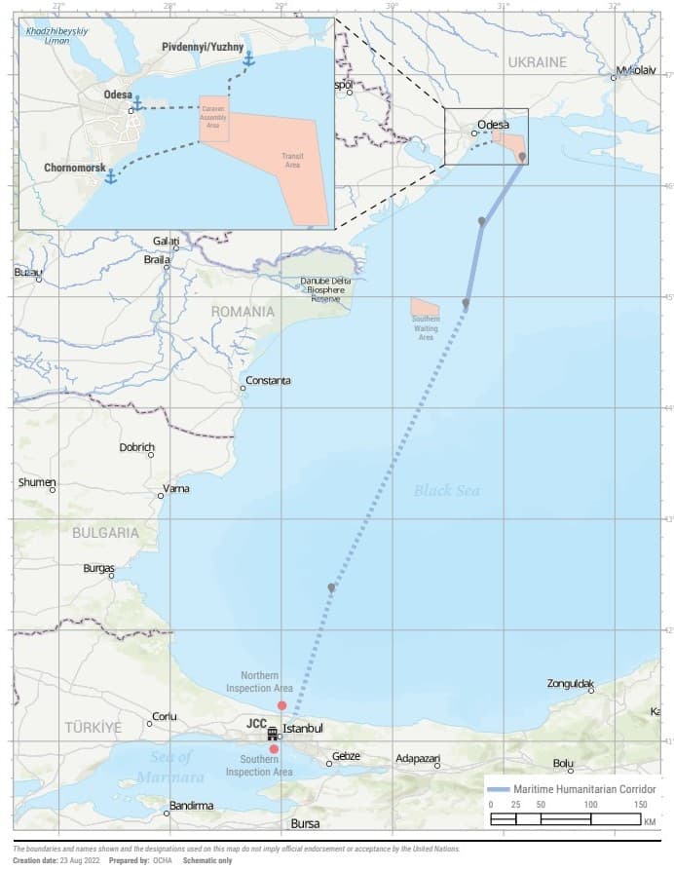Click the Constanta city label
[268, 380]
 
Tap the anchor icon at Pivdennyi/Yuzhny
[248, 60]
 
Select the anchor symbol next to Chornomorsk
[111, 176]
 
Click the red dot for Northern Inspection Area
[281, 704]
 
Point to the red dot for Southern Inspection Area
[274, 749]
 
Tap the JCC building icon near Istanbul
[273, 733]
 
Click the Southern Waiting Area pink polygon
[425, 309]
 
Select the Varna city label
[176, 488]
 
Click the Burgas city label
[98, 568]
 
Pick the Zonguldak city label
[571, 684]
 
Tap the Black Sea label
[446, 490]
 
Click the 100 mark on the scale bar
[590, 805]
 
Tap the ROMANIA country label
[243, 311]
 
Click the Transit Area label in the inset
[291, 161]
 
